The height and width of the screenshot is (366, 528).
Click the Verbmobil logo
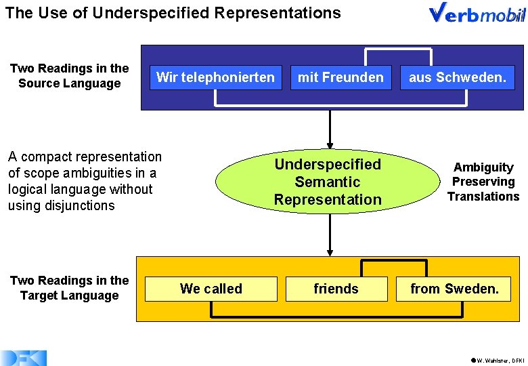[477, 13]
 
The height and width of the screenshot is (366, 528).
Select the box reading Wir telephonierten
[215, 77]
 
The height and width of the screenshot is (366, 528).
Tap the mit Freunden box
[340, 77]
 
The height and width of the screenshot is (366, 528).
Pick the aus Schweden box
[458, 77]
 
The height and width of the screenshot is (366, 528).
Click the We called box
[211, 289]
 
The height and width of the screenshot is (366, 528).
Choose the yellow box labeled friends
[336, 289]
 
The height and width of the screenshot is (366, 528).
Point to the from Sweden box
[454, 289]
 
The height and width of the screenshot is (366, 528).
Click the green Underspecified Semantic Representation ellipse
[328, 182]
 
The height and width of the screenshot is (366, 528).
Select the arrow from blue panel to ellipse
[330, 129]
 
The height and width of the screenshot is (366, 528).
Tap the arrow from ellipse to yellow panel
[330, 235]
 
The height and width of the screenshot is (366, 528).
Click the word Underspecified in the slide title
[151, 13]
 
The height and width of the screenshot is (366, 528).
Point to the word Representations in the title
[278, 13]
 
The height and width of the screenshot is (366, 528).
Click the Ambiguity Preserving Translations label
[483, 182]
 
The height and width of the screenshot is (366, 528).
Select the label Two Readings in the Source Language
[69, 75]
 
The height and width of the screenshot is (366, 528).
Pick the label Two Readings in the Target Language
[69, 288]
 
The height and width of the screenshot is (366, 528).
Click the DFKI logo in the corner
[23, 359]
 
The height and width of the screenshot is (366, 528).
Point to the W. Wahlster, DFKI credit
[498, 361]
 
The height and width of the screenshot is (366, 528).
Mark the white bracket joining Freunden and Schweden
[398, 49]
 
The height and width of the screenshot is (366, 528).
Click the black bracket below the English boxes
[336, 317]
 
